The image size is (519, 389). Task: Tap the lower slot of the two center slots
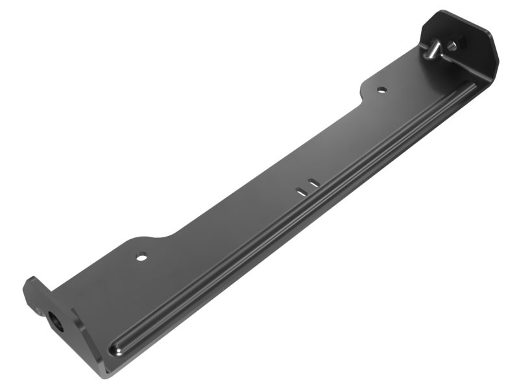point(301,190)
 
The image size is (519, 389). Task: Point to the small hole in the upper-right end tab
point(461,43)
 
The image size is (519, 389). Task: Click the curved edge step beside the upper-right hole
point(363,94)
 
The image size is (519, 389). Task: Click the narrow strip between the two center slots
point(308,187)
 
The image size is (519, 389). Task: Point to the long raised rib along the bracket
point(292,220)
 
